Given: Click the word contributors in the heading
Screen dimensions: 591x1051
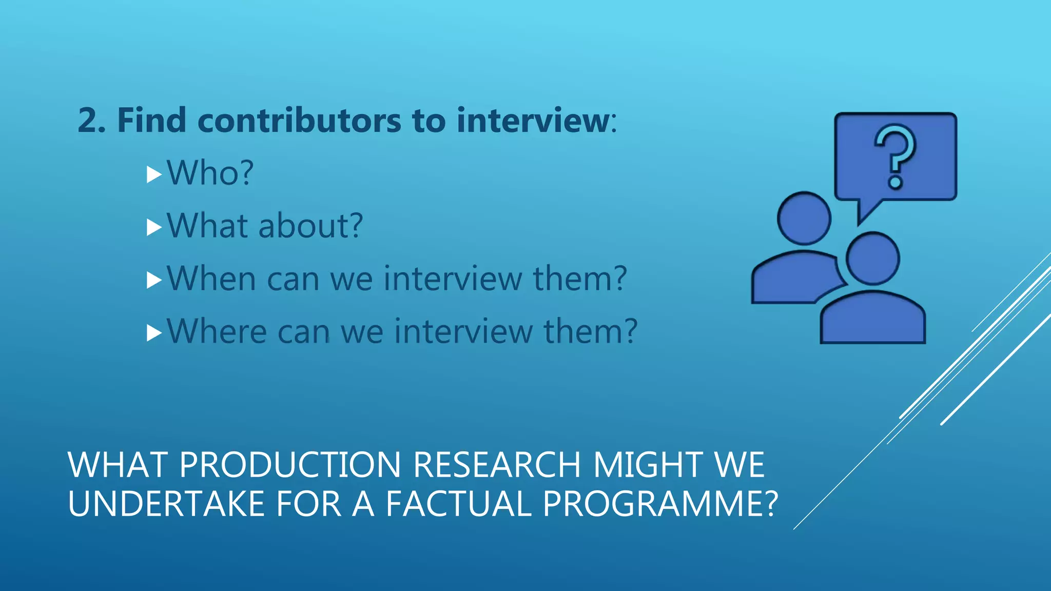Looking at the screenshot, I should tap(299, 121).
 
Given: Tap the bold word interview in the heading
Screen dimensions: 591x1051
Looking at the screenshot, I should tap(532, 121).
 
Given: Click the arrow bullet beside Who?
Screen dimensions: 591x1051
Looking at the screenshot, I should tap(154, 174).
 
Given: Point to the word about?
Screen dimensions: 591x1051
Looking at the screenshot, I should tap(311, 226).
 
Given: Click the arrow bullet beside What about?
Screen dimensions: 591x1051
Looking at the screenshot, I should tap(154, 227).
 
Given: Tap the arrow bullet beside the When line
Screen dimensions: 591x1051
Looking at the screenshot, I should tap(154, 280).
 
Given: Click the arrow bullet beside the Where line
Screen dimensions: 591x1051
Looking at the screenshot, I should tap(154, 333).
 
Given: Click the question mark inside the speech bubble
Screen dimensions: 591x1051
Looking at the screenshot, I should tap(895, 156).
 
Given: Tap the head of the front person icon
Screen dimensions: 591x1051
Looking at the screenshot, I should tap(872, 258).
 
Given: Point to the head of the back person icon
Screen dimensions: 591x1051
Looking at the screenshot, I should tap(804, 218).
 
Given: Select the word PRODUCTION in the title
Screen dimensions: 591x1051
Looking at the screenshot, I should tap(290, 465).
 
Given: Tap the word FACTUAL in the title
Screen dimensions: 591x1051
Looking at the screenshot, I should tap(458, 504).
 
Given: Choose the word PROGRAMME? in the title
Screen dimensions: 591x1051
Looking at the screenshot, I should tap(660, 504).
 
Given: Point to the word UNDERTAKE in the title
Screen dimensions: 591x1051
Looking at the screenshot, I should tap(166, 504).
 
